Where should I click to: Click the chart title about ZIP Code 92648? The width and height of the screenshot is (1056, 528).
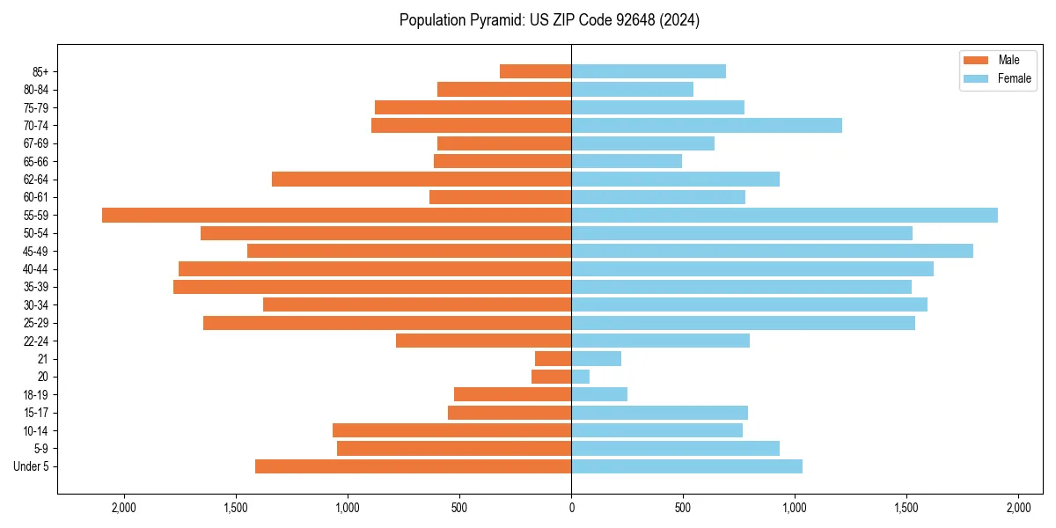pos(549,20)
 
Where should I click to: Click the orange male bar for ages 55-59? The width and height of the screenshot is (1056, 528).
pos(336,215)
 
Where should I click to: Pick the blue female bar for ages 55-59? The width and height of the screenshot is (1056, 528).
pos(784,215)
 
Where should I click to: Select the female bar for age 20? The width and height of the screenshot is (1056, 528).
pos(580,377)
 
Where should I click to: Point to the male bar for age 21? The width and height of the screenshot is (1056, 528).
pos(553,358)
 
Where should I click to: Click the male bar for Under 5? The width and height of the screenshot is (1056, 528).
pos(413,466)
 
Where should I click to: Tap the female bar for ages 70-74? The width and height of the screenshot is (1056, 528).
pos(706,125)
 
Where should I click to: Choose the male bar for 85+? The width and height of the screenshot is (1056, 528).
pos(535,71)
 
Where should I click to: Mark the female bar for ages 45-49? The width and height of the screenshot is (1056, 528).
pos(772,251)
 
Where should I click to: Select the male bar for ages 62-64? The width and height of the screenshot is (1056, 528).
pos(422,179)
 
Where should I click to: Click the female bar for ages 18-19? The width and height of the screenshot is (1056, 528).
pos(599,394)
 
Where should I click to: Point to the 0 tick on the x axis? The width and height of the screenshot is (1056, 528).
pos(571,508)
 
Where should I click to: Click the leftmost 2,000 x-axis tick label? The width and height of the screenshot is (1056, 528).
pos(124,508)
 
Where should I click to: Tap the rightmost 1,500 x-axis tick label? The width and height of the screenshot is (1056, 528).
pos(906,508)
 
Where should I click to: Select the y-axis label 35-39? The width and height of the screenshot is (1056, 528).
pos(37,287)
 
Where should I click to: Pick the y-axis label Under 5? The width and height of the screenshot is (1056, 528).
pos(32,466)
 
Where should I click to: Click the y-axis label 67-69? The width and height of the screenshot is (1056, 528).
pos(37,143)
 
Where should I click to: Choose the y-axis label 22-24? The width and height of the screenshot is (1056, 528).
pos(37,341)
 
